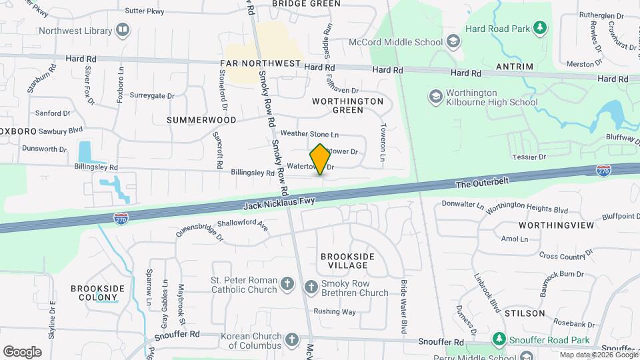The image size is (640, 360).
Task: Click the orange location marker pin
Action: coord(320,159)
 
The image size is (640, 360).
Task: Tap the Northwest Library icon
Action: coord(123,30)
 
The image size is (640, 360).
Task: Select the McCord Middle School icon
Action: coord(453,43)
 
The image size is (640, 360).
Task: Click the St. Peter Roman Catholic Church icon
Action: coord(287,285)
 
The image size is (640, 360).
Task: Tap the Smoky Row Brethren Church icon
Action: coord(311,287)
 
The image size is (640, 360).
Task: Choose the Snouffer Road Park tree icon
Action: coord(498,340)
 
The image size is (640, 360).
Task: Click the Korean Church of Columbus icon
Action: coord(292,341)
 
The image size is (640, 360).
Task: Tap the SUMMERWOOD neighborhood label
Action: coord(201,120)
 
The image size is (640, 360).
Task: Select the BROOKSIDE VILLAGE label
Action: coord(347,261)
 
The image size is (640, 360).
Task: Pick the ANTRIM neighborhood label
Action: coord(515,67)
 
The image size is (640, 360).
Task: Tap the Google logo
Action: coord(22,351)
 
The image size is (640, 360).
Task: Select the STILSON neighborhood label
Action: coord(525,313)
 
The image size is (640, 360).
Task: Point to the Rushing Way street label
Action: coord(335,311)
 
